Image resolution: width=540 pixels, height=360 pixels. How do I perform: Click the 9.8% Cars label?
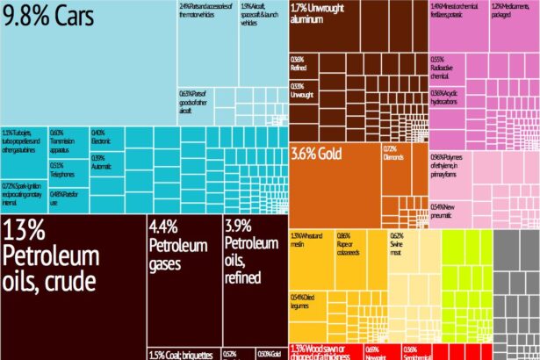coord(50,18)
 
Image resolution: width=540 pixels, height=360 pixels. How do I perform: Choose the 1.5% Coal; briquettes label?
coord(181,355)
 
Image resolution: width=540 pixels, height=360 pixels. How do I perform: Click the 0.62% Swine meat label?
coord(397,241)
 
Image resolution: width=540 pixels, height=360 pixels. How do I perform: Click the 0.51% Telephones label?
coord(62,169)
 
